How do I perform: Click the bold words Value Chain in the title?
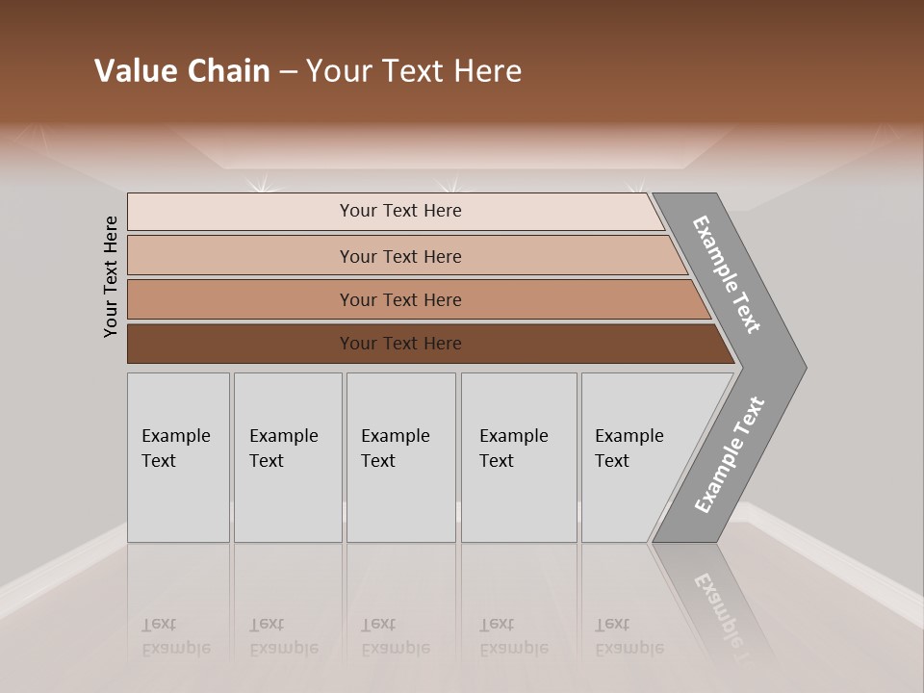click(182, 71)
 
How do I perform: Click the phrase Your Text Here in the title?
click(414, 71)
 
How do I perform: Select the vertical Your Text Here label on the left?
click(111, 277)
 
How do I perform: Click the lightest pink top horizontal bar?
click(241, 212)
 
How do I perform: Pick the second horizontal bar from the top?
click(241, 256)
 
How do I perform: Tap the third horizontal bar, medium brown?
click(241, 299)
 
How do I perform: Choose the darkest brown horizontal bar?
click(241, 344)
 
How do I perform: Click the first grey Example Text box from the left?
click(178, 457)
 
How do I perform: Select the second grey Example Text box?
click(288, 457)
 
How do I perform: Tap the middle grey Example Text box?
click(400, 457)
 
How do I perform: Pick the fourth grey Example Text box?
click(519, 457)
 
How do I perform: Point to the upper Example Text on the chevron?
click(727, 274)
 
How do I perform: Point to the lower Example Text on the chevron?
click(729, 455)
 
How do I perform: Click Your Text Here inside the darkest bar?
click(400, 344)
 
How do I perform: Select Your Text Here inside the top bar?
click(400, 211)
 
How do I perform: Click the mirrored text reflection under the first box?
click(175, 636)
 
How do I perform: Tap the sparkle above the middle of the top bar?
click(448, 186)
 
